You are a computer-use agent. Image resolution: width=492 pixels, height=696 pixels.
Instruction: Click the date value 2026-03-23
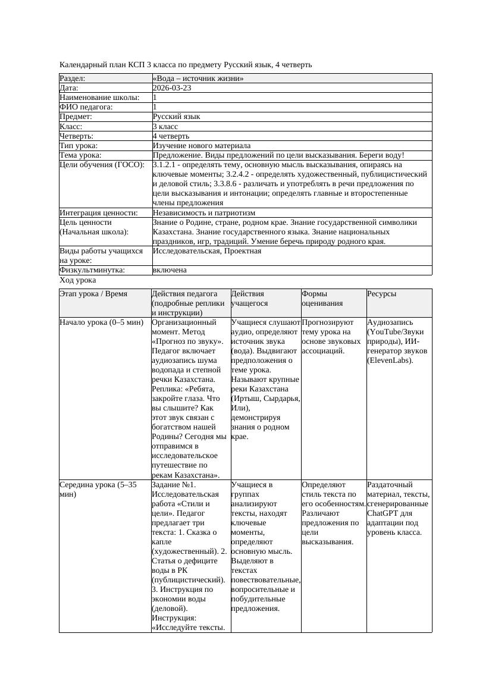click(x=172, y=88)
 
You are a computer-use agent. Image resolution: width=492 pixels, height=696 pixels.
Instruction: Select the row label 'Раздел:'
click(x=73, y=79)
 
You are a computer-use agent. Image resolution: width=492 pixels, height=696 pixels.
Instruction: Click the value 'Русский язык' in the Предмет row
click(x=177, y=117)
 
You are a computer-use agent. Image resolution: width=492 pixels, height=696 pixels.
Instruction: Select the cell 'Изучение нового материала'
click(x=202, y=146)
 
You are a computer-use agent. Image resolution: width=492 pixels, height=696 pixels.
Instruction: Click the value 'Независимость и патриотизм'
click(x=204, y=213)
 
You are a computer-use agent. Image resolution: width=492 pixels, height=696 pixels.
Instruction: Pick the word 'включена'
click(x=170, y=270)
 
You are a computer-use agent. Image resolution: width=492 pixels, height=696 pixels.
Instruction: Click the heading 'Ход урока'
click(x=78, y=280)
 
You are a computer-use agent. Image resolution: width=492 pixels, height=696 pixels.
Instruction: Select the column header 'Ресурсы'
click(x=382, y=294)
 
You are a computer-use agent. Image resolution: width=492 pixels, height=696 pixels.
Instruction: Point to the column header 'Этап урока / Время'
click(x=98, y=294)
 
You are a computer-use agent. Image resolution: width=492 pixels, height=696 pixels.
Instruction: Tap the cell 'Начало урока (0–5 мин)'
click(x=102, y=322)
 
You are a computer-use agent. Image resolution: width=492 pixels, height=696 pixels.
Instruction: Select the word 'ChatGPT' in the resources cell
click(x=385, y=513)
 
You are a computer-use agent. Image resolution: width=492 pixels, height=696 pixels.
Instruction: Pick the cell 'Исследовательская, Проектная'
click(x=207, y=251)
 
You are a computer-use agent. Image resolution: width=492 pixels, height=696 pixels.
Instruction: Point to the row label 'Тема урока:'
click(x=81, y=155)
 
